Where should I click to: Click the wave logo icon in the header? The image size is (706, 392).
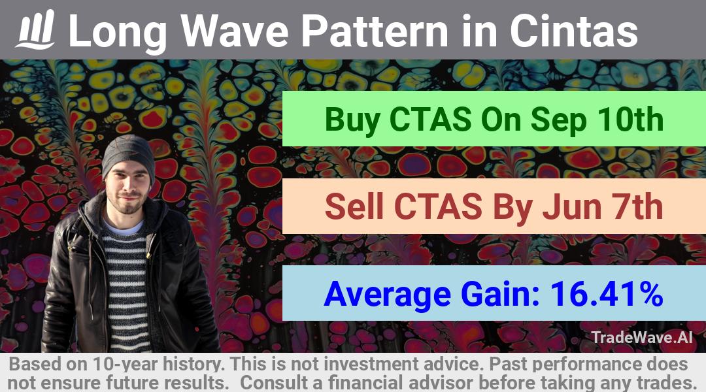(x=35, y=29)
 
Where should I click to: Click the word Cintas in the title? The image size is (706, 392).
(x=573, y=31)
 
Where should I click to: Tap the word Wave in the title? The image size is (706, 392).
(x=234, y=31)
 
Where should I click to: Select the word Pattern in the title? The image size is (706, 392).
(x=375, y=31)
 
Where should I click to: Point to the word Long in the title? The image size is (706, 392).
(x=118, y=33)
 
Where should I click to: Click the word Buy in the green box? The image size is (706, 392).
(x=352, y=120)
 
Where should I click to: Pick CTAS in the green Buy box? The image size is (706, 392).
(x=430, y=120)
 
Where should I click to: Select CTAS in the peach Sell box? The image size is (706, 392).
(x=437, y=206)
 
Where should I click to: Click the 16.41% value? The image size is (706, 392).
(x=607, y=293)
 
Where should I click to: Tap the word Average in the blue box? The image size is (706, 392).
(x=387, y=295)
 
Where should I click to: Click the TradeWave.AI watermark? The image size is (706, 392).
(x=642, y=337)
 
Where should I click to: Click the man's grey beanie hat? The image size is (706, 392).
(x=128, y=156)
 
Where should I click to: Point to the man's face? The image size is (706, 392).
(x=127, y=189)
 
